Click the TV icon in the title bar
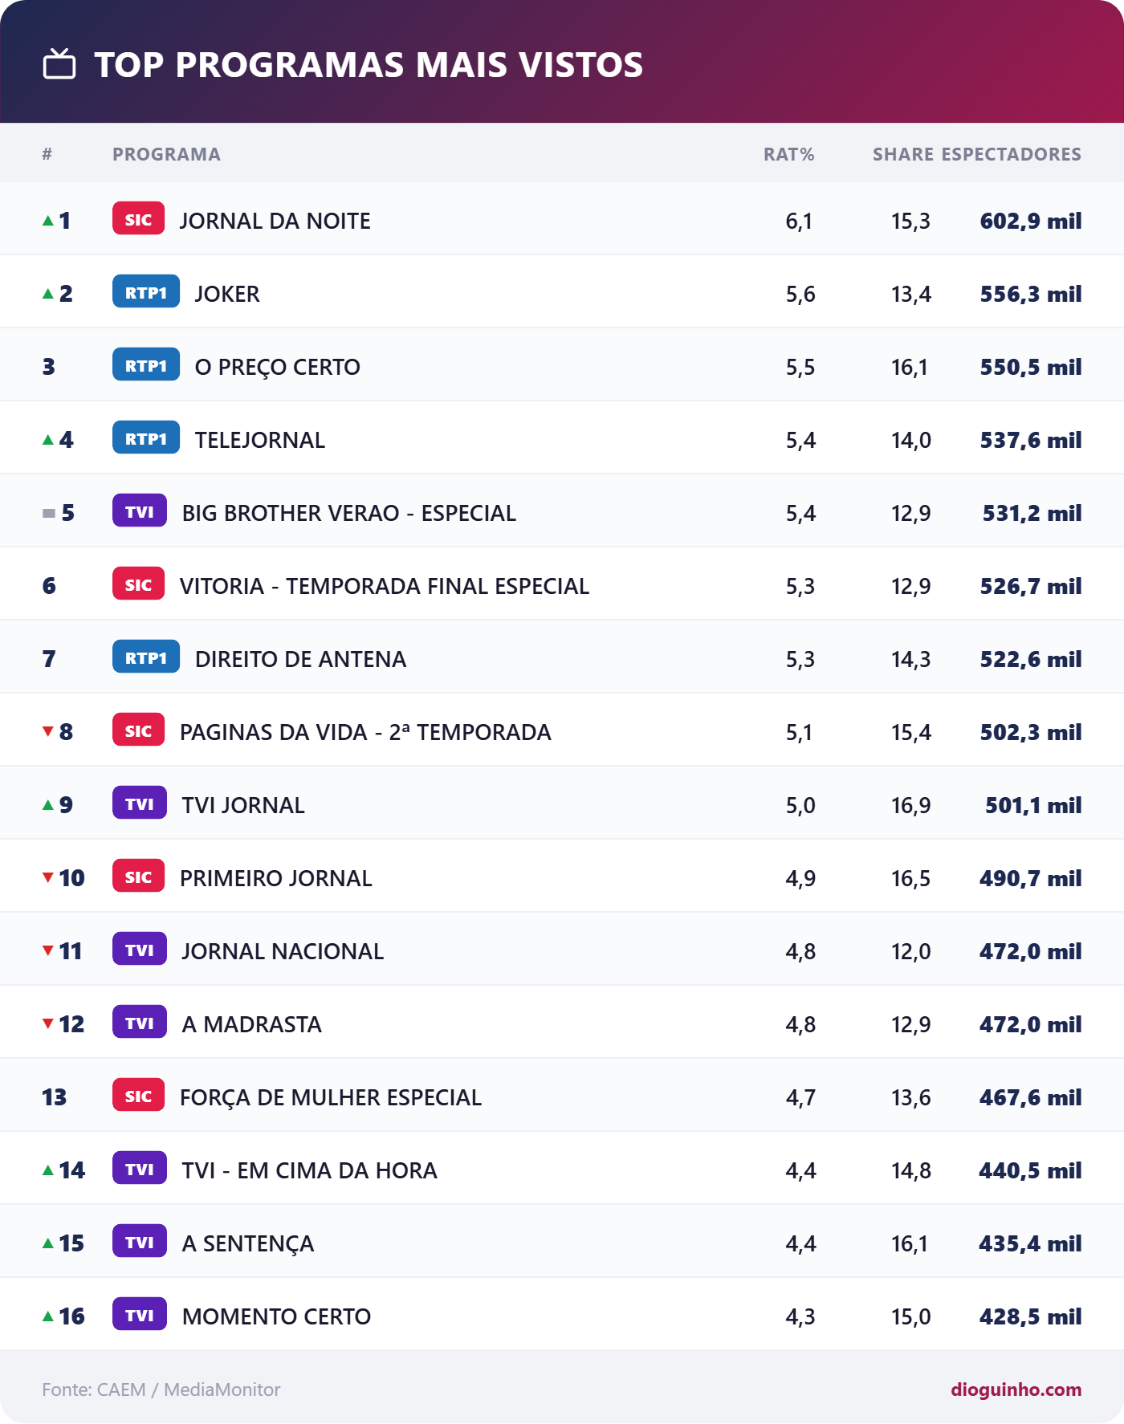tap(59, 64)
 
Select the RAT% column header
tap(788, 154)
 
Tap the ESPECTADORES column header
tap(1011, 154)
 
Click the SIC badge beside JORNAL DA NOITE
tap(138, 219)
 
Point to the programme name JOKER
tap(227, 294)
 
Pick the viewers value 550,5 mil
tap(1031, 367)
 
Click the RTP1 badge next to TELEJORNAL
tap(146, 438)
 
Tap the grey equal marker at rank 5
tap(49, 513)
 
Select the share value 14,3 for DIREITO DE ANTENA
tap(911, 659)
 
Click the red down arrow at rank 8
tap(48, 731)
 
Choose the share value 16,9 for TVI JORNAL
tap(911, 805)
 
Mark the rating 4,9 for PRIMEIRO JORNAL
tap(800, 878)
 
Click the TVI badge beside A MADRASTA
tap(140, 1023)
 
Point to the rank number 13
tap(55, 1097)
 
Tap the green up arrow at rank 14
tap(48, 1170)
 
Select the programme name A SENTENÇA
tap(248, 1243)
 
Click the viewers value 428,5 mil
tap(1031, 1316)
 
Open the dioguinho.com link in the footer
tap(1016, 1389)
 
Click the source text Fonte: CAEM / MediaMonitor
tap(161, 1389)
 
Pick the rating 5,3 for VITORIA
tap(800, 586)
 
